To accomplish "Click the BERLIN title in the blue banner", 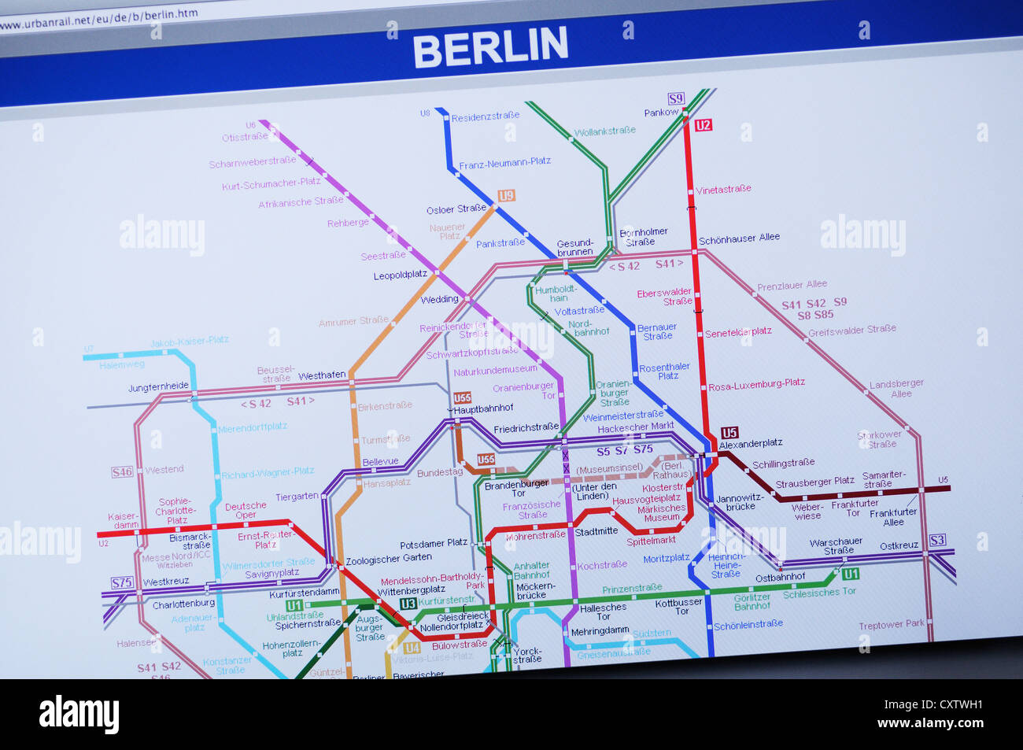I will [x=489, y=47].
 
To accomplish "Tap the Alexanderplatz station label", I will [x=750, y=444].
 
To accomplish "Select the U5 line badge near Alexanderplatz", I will [x=729, y=432].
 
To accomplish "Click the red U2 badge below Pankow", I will [x=703, y=125].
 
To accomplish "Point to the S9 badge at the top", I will [x=676, y=98].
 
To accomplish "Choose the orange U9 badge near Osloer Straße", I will [x=506, y=195].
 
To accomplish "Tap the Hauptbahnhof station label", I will [x=483, y=408].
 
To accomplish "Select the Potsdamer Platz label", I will [x=434, y=544].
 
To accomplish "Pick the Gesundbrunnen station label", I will [x=574, y=247].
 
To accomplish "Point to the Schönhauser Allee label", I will [x=739, y=238].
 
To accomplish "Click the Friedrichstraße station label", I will [x=526, y=427].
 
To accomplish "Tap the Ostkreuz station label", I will [x=899, y=545].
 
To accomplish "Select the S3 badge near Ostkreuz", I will [x=936, y=540].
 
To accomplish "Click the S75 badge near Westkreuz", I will [x=122, y=583].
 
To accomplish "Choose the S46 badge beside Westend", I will [x=122, y=472].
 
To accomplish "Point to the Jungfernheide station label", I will [x=158, y=387].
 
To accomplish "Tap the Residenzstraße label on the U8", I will [x=485, y=116].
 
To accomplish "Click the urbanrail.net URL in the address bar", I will [x=98, y=18].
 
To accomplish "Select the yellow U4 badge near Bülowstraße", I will [x=412, y=648].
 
